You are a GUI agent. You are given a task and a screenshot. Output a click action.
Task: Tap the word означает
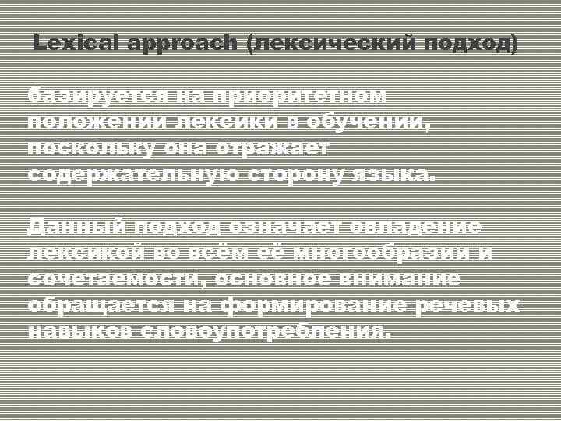click(x=287, y=226)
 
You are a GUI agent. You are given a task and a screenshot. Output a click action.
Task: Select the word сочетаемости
click(x=118, y=278)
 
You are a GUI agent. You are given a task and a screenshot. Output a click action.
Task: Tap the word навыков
click(x=80, y=330)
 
